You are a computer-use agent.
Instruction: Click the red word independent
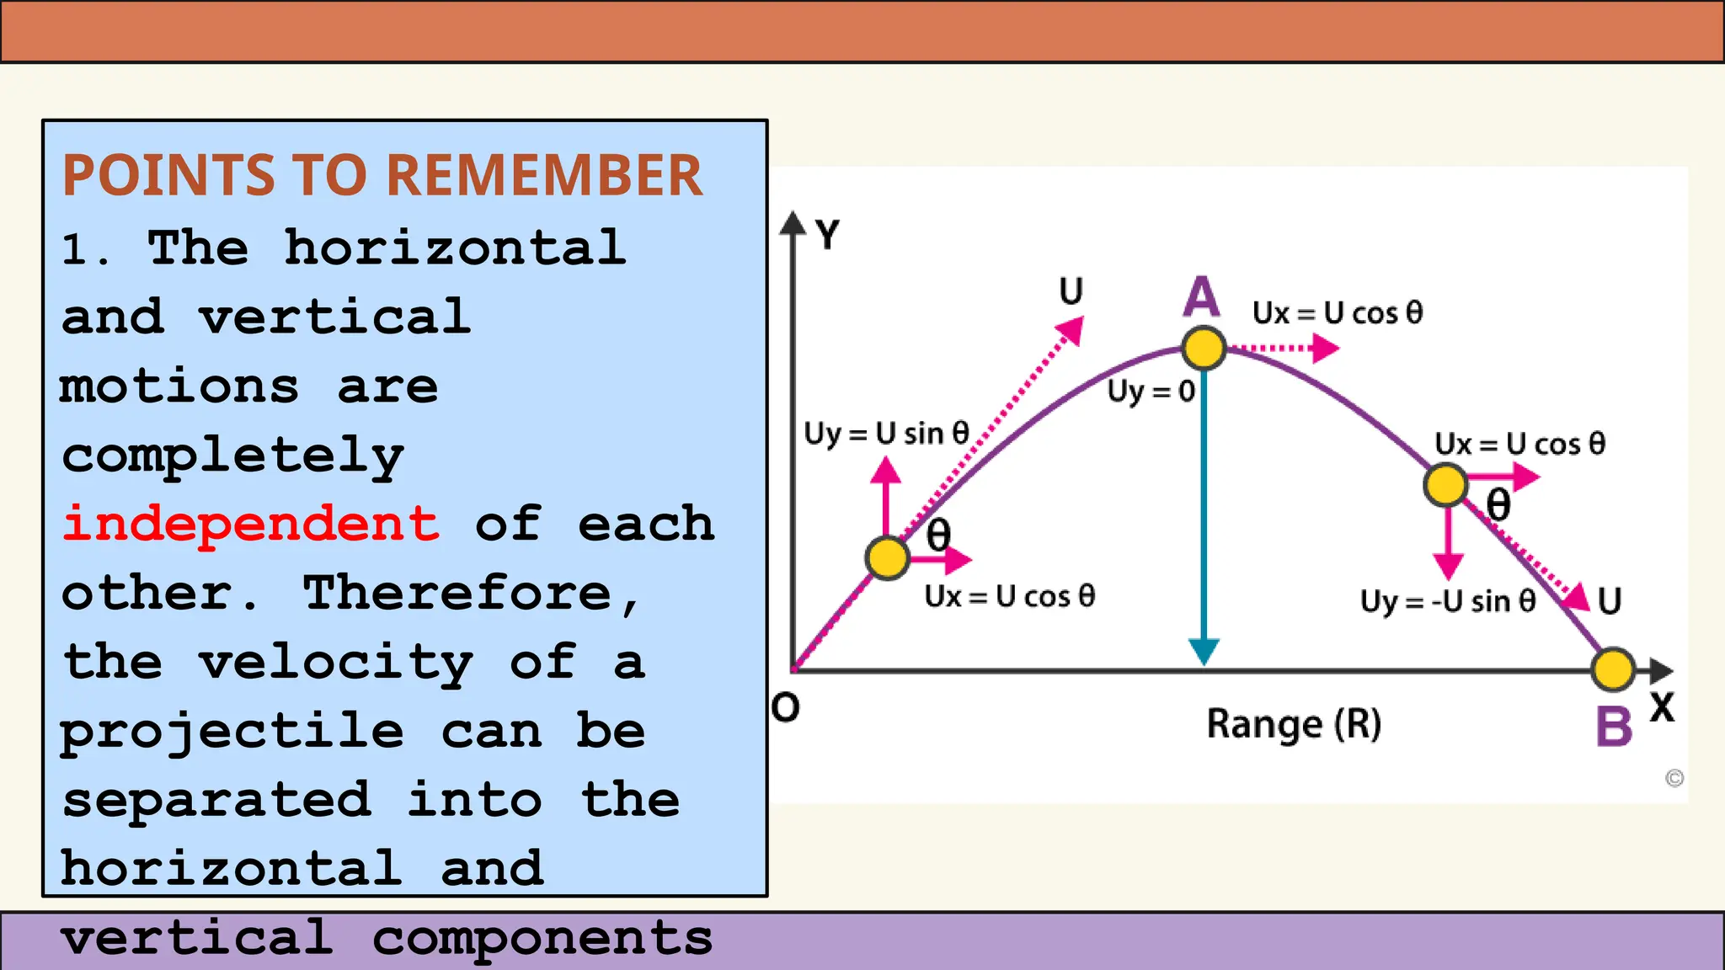[251, 524]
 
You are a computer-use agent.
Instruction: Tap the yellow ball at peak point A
[1203, 348]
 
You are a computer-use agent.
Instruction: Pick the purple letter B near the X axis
[1614, 726]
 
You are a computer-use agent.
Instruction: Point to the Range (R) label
[1294, 724]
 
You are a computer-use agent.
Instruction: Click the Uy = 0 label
[1151, 392]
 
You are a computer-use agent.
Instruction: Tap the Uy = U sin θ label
[886, 434]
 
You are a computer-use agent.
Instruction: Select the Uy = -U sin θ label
[1448, 601]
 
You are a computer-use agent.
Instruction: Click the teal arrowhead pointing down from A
[1204, 651]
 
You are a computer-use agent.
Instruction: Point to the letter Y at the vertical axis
[828, 235]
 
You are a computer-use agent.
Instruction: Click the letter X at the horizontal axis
[1662, 707]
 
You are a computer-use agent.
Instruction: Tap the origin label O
[785, 708]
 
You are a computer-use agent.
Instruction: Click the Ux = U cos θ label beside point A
[1338, 313]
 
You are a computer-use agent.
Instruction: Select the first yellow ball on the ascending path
[887, 557]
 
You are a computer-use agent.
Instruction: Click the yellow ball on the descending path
[1445, 485]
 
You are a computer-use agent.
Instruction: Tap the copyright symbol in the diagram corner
[1674, 778]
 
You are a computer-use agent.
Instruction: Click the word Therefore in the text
[457, 593]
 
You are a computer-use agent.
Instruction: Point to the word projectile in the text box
[232, 731]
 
